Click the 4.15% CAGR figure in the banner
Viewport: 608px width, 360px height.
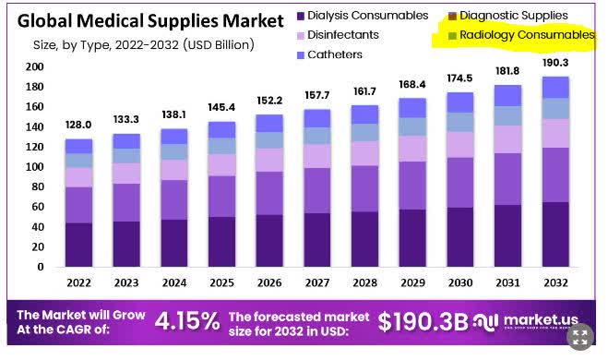click(x=186, y=321)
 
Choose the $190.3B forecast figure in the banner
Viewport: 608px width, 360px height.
click(x=423, y=321)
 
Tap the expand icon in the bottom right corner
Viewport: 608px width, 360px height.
click(x=581, y=336)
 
